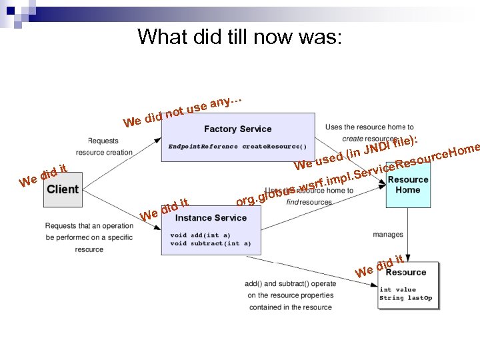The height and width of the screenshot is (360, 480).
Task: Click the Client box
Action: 63,189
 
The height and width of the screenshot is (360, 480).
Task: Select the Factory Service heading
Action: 237,129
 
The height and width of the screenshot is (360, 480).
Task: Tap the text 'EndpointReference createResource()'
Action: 237,146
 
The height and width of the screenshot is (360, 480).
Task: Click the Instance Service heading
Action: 211,218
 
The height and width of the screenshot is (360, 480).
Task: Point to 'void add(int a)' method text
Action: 200,235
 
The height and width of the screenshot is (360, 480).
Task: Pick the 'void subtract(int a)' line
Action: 211,244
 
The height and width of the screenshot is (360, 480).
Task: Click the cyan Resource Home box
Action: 408,185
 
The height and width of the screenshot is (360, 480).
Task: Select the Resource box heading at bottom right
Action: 405,272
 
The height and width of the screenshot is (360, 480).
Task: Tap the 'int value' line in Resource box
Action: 397,289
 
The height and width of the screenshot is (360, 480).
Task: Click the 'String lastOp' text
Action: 405,298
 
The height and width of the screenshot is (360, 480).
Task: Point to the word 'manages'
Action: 388,235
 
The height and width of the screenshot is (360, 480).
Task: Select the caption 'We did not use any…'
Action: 181,111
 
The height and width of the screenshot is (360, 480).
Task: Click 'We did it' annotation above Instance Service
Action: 165,209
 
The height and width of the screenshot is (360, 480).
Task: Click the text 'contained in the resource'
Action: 290,307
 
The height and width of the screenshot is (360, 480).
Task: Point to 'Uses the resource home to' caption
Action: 369,127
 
